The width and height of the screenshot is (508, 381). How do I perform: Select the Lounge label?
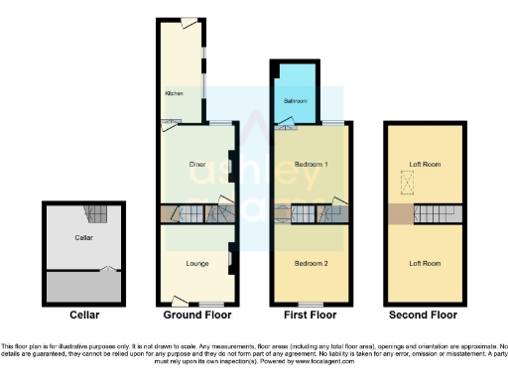point(196,263)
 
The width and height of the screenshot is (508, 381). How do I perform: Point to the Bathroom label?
point(295,101)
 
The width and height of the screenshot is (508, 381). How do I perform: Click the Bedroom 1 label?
point(311,163)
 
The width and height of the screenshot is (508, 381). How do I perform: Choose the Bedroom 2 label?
point(311,263)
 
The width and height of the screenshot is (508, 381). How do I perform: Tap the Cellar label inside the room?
point(83,238)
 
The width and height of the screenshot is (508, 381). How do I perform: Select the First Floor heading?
point(311,316)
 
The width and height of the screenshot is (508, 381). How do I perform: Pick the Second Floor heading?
point(424,316)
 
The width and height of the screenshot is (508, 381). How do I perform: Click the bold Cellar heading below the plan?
point(84,316)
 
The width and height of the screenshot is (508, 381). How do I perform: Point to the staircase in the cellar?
point(96,212)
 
